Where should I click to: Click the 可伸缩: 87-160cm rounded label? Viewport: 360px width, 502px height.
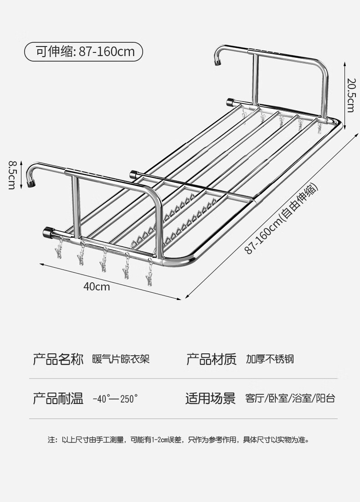tap(83, 52)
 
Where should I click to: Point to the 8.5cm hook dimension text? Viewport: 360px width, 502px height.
tap(12, 174)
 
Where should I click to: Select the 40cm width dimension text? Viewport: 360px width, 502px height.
tap(97, 287)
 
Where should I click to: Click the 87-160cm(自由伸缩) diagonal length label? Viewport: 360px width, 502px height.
tap(282, 218)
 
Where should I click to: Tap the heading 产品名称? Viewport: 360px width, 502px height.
tap(58, 359)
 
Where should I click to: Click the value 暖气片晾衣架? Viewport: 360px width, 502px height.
tap(120, 359)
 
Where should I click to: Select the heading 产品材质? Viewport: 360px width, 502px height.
tap(211, 359)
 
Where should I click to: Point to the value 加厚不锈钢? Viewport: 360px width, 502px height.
tap(270, 359)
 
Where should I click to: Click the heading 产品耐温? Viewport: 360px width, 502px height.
tap(58, 399)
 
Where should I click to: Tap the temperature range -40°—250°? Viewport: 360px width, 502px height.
tap(115, 399)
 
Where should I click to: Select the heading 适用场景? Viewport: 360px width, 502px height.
tap(210, 399)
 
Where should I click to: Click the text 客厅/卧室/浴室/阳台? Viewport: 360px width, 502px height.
tap(290, 398)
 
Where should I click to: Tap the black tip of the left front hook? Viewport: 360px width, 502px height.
tap(32, 184)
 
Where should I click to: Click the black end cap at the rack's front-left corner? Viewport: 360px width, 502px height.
tap(48, 232)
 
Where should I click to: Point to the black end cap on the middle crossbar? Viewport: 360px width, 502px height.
tap(134, 174)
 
